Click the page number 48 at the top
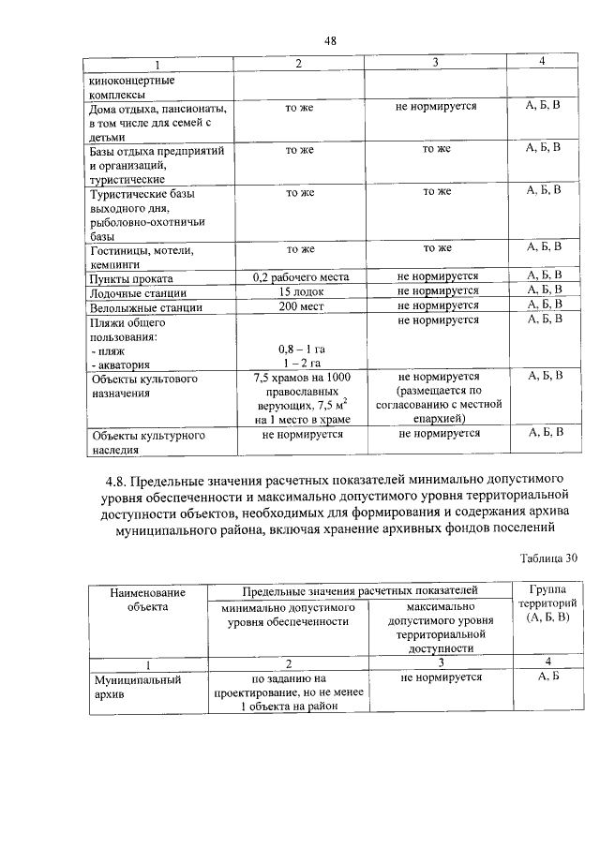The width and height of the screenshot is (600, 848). coord(330,39)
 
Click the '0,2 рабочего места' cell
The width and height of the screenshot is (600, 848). coord(300,277)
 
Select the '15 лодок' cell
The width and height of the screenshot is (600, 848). coord(300,291)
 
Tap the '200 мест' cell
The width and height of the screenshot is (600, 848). coord(300,305)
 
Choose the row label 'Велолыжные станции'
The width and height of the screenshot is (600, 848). coord(145,307)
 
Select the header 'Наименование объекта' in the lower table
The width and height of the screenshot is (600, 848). coord(147,600)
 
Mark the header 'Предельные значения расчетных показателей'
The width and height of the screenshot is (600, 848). coord(360,590)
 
